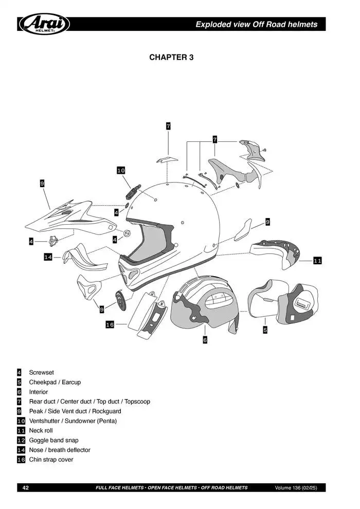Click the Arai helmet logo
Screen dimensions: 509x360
(44, 24)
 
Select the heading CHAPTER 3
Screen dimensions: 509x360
(171, 57)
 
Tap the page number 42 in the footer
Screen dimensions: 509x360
(25, 487)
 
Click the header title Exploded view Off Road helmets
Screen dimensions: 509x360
(256, 24)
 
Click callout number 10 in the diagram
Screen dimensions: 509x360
(121, 170)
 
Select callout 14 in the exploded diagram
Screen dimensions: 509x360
(48, 257)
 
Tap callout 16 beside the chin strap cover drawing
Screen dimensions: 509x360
(110, 324)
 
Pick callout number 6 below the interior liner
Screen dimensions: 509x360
(205, 340)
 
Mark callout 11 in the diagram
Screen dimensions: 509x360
(317, 261)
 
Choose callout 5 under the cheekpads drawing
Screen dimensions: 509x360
(265, 330)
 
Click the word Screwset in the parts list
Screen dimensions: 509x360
(41, 372)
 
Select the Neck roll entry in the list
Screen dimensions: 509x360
(41, 430)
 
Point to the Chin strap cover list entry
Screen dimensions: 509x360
(51, 460)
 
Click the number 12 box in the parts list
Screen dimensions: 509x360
(21, 440)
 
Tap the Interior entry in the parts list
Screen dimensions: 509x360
(38, 392)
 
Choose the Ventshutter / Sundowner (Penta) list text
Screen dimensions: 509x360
(73, 421)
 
